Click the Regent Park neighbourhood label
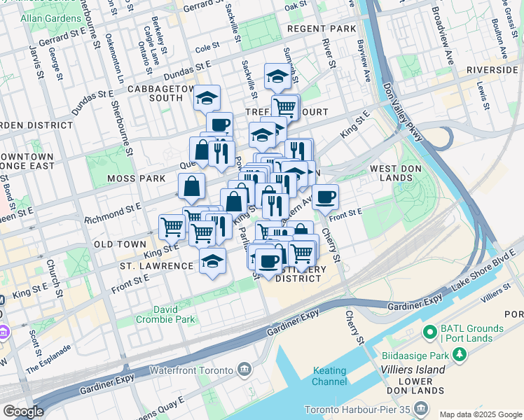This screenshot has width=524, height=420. [x=322, y=29]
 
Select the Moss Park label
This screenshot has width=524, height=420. [x=136, y=179]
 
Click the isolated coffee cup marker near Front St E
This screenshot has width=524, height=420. [x=325, y=197]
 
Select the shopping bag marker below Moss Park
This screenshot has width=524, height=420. [x=191, y=186]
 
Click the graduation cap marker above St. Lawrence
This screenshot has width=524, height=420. [x=212, y=261]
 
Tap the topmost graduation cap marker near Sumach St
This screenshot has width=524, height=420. [x=278, y=76]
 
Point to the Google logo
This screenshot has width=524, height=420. [x=23, y=412]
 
